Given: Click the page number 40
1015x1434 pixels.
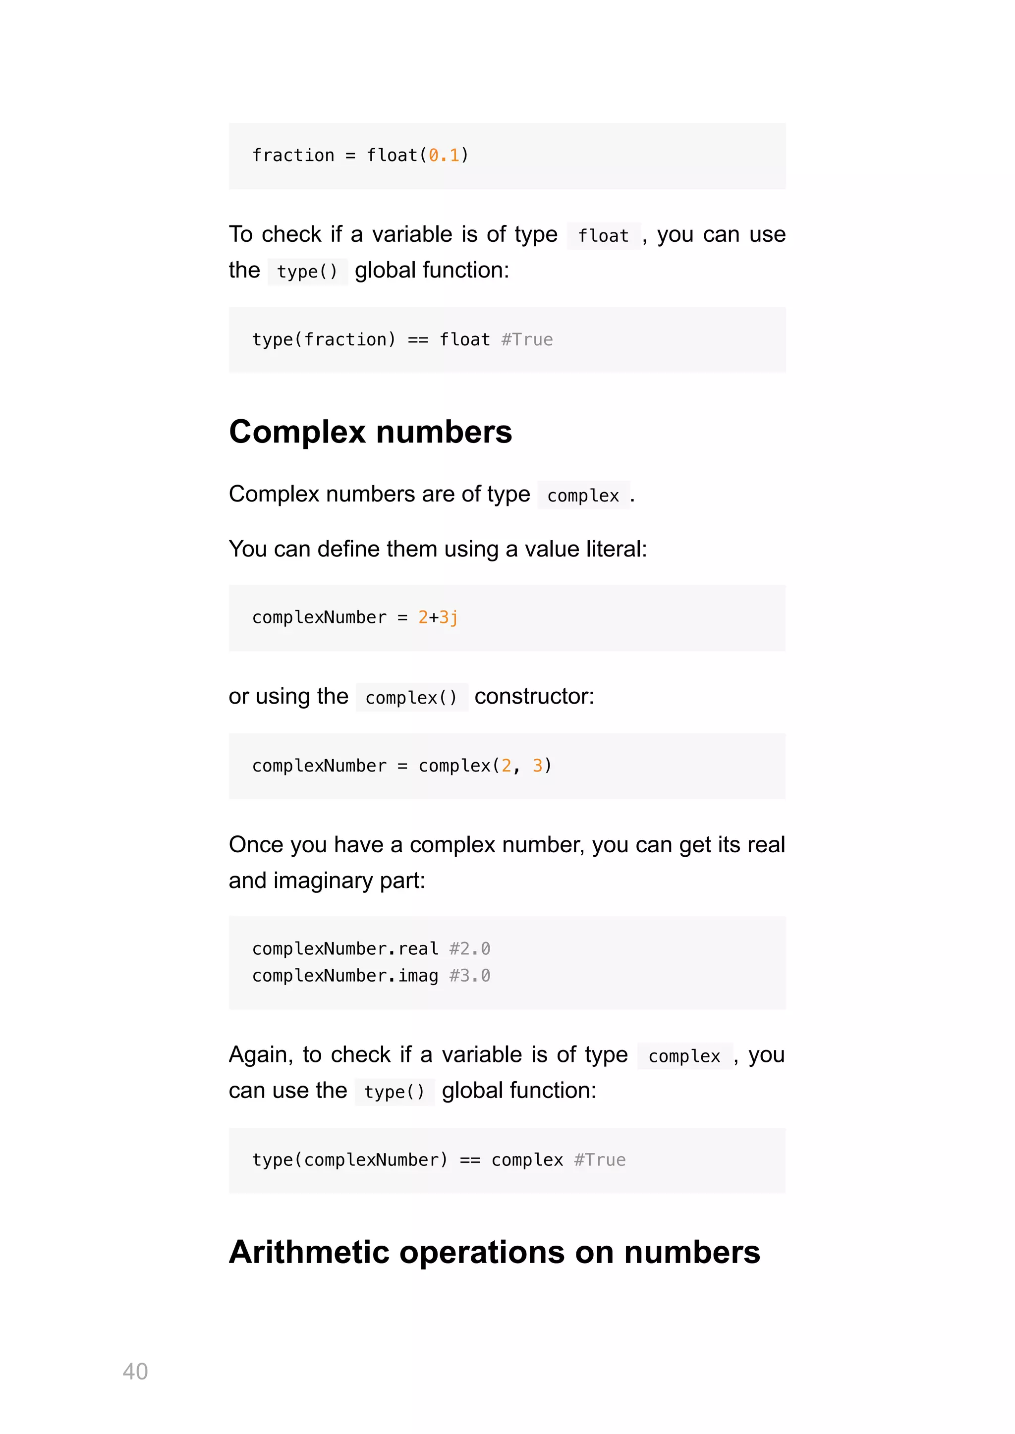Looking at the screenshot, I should [135, 1371].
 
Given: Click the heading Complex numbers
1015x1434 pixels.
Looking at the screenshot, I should [370, 432].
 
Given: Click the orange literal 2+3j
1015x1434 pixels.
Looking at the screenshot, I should [438, 617].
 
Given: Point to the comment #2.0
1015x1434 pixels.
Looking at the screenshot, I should [469, 948].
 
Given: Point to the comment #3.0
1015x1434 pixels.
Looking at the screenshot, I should [469, 975].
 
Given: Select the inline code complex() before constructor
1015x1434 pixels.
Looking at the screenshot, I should [411, 697].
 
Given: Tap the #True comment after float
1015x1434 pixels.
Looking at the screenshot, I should [527, 339].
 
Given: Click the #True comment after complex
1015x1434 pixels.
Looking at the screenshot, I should [599, 1159].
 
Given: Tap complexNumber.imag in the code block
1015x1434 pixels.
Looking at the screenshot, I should [345, 975].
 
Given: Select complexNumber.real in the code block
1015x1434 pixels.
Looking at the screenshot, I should [345, 948].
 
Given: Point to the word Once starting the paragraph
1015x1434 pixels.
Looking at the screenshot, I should [256, 845].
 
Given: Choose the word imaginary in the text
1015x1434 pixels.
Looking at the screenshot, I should [323, 881].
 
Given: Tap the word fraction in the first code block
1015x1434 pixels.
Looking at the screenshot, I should [293, 155].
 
